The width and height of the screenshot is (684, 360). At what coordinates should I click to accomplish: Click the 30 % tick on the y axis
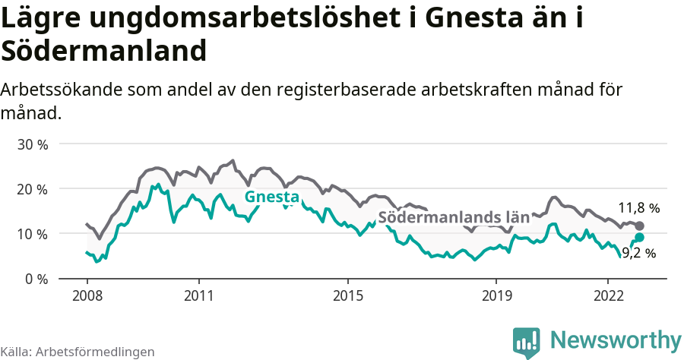(32, 144)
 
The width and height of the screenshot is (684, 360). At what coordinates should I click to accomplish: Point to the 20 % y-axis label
(32, 188)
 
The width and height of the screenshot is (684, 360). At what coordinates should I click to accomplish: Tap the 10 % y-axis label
(32, 234)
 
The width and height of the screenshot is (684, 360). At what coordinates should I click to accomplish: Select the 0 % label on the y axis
(36, 279)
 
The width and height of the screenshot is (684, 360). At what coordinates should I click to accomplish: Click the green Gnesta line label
(271, 197)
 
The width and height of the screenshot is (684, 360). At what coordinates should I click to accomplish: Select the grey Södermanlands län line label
(453, 217)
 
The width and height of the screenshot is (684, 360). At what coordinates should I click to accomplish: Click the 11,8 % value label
(638, 207)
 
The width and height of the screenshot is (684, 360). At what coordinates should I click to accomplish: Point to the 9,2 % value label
(638, 254)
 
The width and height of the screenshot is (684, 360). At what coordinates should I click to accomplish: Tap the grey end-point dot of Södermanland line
(639, 226)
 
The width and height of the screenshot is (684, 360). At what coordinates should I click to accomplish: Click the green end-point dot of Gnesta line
(639, 238)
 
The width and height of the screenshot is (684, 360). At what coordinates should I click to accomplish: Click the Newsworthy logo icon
(527, 341)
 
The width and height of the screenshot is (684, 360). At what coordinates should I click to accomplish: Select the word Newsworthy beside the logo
(616, 339)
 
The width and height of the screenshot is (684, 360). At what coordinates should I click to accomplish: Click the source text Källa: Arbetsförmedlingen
(78, 352)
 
